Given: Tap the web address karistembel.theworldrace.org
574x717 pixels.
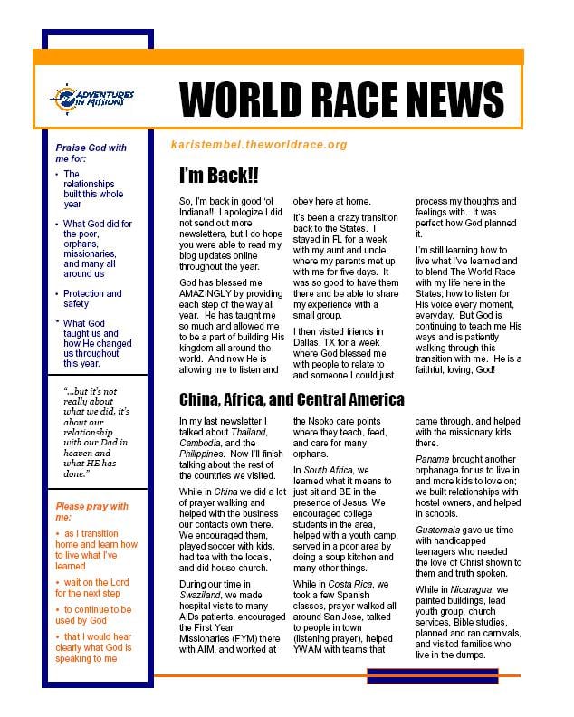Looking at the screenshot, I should pos(258,145).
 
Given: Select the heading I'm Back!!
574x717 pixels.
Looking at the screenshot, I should pos(218,176).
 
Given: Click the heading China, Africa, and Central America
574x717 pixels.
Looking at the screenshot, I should pos(292,399).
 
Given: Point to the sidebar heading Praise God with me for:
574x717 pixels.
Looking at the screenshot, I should pos(91,154).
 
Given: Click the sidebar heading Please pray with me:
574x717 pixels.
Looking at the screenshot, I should pos(92,511).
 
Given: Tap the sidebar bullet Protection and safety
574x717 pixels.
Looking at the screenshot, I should pos(92,300).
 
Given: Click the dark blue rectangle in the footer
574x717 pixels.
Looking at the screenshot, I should pos(419,675).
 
